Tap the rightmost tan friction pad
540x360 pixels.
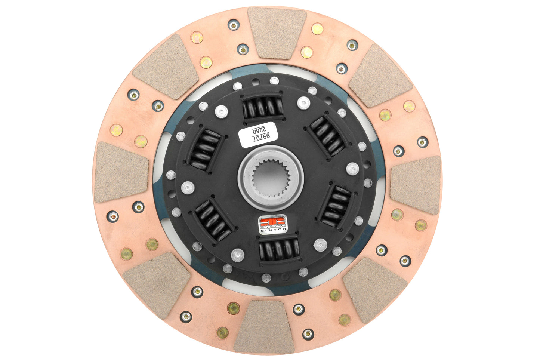416,184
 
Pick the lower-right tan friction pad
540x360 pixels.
374,289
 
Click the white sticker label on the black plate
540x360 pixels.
258,135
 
